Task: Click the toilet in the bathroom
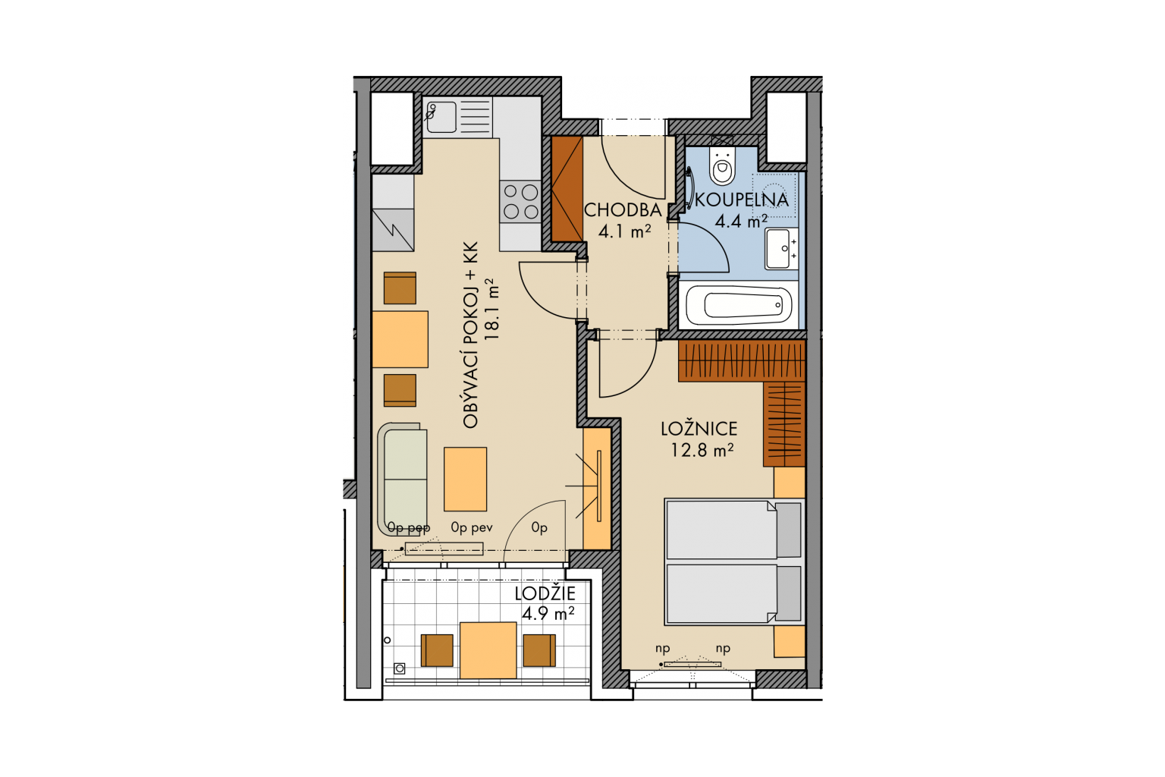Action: [x=722, y=165]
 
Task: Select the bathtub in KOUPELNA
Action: [x=739, y=305]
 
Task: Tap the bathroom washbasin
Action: [x=781, y=249]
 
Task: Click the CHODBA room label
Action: [x=623, y=210]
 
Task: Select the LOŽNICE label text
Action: [x=699, y=429]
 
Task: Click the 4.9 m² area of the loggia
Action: [x=548, y=614]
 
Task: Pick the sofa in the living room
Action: [x=403, y=480]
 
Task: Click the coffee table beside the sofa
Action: [x=465, y=479]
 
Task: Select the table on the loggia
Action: [x=488, y=650]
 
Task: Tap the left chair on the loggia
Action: [x=436, y=650]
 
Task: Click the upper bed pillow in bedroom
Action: [x=789, y=530]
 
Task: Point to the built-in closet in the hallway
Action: [x=567, y=189]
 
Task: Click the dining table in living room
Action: [x=400, y=339]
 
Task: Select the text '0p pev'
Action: [x=471, y=527]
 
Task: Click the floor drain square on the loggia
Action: [x=400, y=668]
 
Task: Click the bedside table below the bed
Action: [x=790, y=641]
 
